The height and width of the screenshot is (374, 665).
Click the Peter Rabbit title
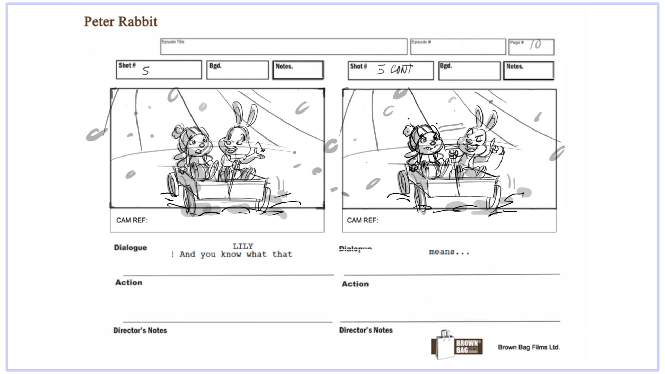pos(121,21)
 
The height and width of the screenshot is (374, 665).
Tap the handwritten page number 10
pos(535,44)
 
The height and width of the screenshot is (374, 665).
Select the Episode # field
pos(458,47)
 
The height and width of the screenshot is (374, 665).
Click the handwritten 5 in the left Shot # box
pos(145,71)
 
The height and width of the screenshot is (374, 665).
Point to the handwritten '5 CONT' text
pos(395,70)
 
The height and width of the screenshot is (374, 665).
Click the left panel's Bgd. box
pos(237,70)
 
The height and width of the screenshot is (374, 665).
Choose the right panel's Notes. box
pos(528,71)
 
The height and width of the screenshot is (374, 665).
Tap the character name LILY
pos(243,246)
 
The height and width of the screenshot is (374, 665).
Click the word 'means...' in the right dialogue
pos(449,252)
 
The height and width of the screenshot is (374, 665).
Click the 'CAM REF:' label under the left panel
pos(132,220)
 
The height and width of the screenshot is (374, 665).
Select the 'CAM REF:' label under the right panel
pos(362,220)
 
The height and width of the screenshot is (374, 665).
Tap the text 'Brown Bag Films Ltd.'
pos(529,347)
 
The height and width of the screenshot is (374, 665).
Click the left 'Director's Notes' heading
pos(140,330)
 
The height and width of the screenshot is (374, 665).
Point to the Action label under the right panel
pos(355,284)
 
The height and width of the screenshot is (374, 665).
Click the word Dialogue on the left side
pos(130,248)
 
